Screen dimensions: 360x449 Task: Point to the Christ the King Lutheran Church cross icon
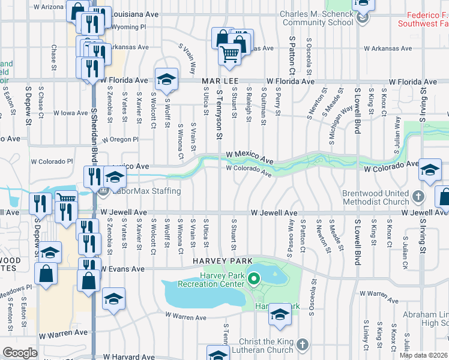point(303,345)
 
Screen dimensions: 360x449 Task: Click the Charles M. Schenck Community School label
point(318,18)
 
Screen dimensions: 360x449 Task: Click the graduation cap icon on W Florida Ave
point(166,79)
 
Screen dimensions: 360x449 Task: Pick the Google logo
point(20,353)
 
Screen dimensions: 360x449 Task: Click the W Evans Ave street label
point(124,269)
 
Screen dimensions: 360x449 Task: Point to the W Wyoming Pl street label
point(125,27)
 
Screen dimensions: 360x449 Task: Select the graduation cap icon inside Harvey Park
point(280,314)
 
